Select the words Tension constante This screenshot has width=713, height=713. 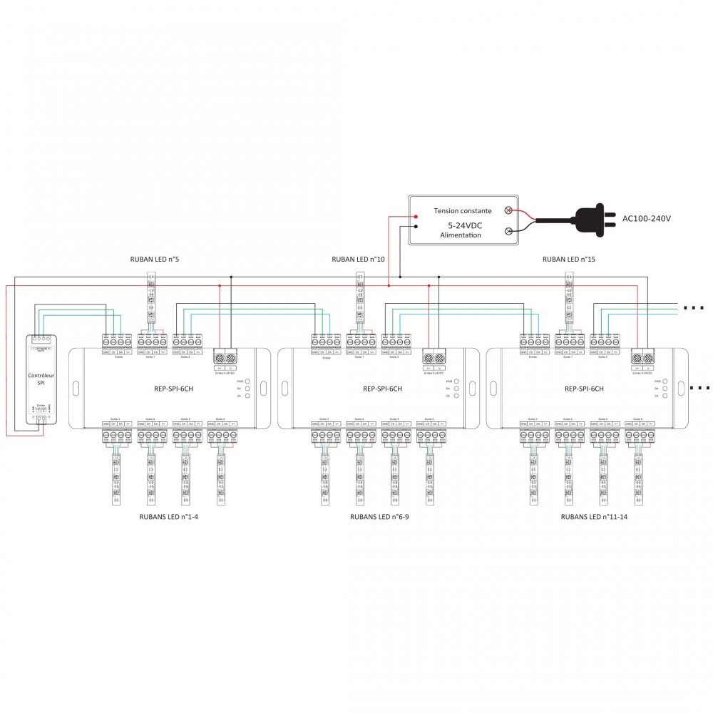click(463, 211)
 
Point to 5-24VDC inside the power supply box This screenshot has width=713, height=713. click(460, 225)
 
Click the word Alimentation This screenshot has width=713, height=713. click(461, 235)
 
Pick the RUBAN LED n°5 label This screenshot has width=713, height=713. click(154, 260)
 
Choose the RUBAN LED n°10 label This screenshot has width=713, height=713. click(359, 260)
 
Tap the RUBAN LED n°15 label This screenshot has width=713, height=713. click(568, 260)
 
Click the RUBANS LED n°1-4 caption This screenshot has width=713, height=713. click(168, 516)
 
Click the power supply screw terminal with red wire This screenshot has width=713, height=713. click(508, 210)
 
